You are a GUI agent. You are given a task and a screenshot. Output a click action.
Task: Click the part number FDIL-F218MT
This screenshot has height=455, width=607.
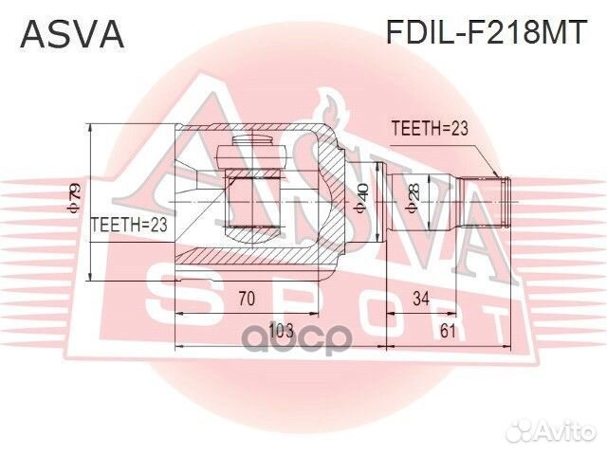click(x=487, y=34)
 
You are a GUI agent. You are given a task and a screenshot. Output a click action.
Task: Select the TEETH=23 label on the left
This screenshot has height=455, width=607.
click(x=128, y=225)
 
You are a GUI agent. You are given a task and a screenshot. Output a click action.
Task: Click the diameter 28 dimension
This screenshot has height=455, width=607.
click(x=413, y=201)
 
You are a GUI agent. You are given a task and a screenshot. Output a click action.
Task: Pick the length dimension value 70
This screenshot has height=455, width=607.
click(x=246, y=300)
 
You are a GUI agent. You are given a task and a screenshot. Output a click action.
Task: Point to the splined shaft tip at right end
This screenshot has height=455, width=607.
click(x=505, y=202)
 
